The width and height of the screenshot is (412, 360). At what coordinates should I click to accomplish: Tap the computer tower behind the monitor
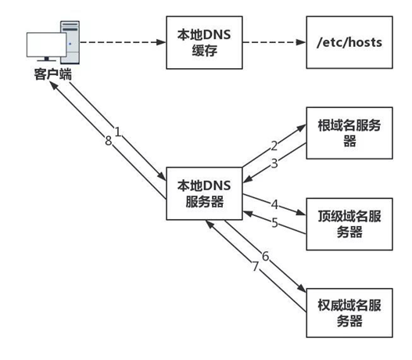click(x=70, y=39)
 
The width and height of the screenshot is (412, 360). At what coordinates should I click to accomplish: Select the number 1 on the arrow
click(x=118, y=133)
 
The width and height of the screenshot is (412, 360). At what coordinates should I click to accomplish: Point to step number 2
click(x=274, y=146)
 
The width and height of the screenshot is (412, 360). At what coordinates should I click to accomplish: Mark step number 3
click(x=274, y=164)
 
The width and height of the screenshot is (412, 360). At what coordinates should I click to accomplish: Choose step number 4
click(x=275, y=205)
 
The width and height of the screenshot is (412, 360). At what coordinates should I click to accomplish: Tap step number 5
click(x=274, y=221)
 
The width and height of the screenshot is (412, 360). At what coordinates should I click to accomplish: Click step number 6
click(x=265, y=257)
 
